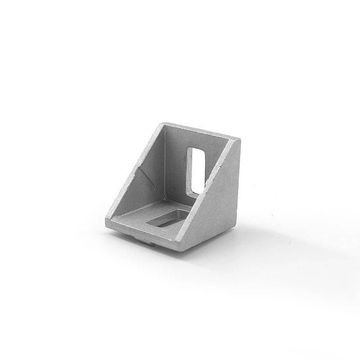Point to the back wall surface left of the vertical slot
point(175,162)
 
